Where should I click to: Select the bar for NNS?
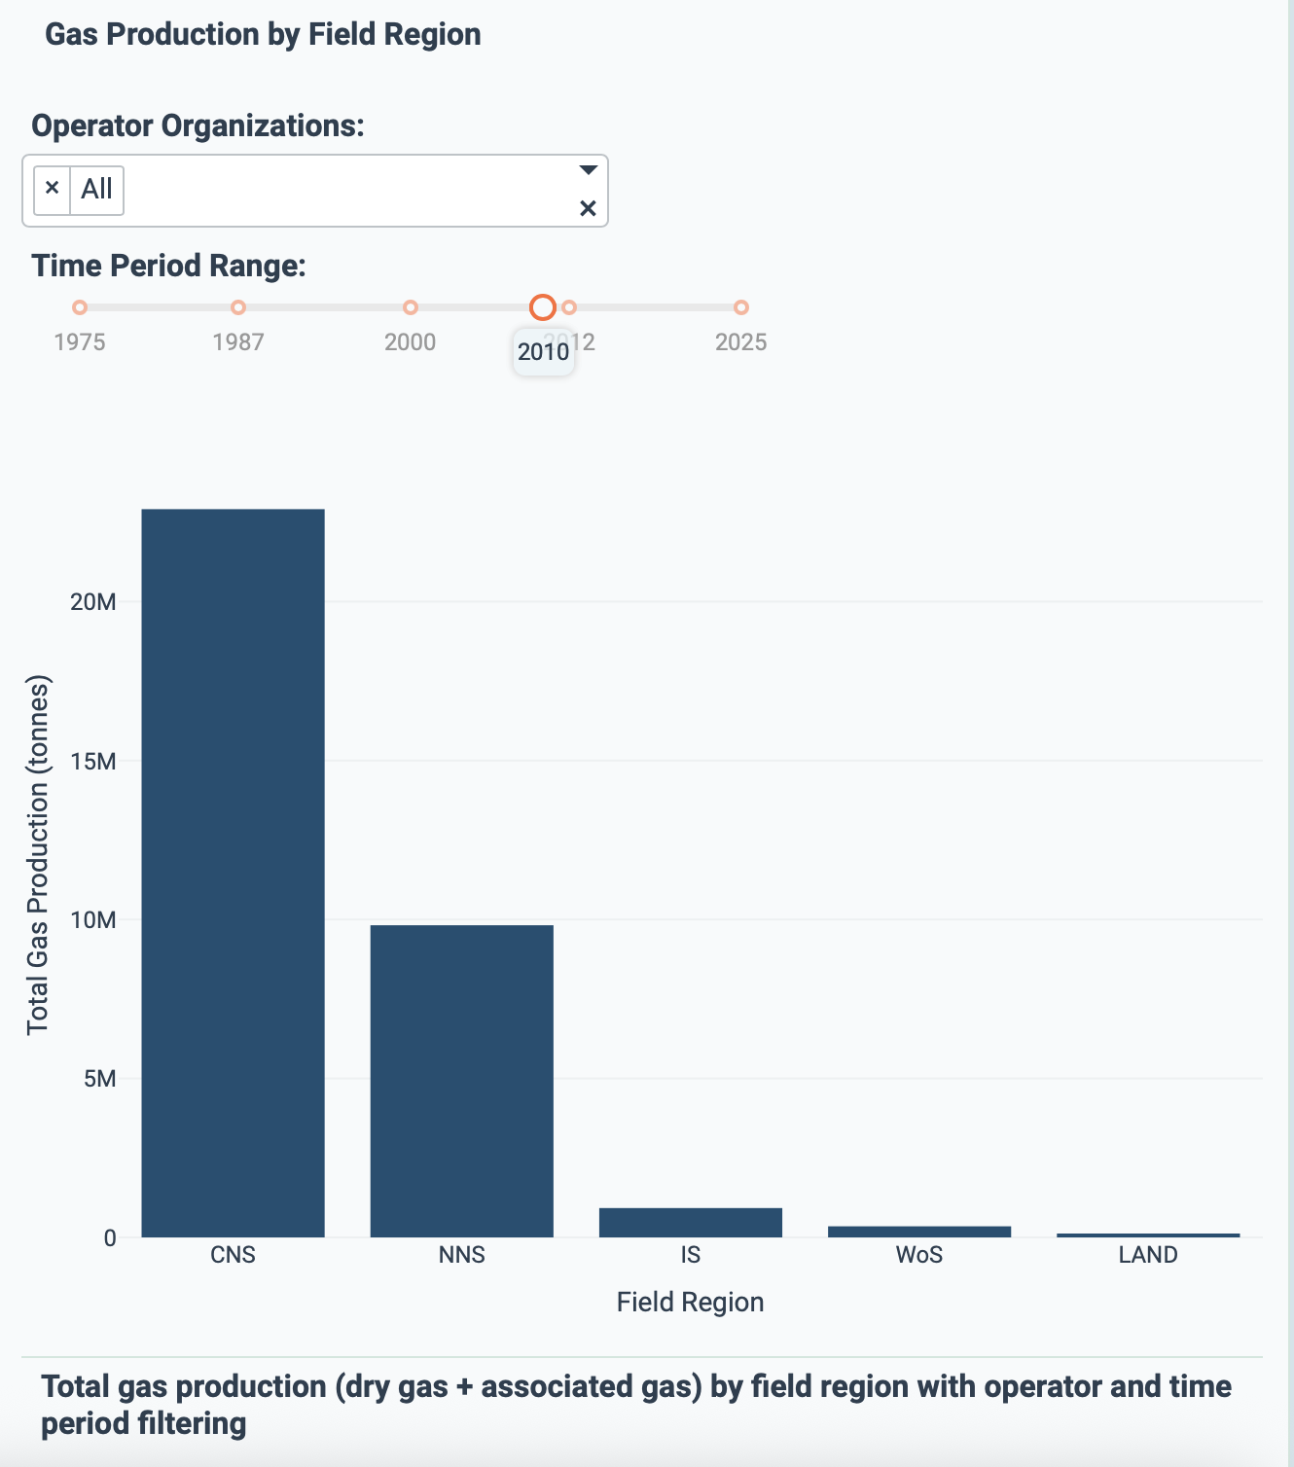[x=461, y=1081]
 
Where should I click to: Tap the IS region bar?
[x=690, y=1223]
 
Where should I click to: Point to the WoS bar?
[x=918, y=1232]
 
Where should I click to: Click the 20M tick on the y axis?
[x=93, y=602]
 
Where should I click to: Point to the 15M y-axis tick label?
[x=93, y=762]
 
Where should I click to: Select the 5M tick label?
[x=99, y=1079]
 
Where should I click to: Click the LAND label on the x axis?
[x=1147, y=1255]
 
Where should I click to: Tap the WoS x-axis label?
[x=918, y=1255]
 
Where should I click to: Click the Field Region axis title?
[x=690, y=1303]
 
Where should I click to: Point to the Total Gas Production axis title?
[x=37, y=856]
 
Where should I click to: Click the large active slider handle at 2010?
[x=543, y=307]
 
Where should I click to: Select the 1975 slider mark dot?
[x=80, y=307]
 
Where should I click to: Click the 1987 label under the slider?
[x=238, y=342]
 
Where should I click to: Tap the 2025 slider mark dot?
[x=741, y=307]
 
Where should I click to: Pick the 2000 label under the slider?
[x=410, y=342]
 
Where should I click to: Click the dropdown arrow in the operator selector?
[x=588, y=170]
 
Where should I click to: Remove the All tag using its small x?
[x=53, y=189]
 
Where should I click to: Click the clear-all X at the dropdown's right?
[x=588, y=208]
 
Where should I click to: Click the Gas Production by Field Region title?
[x=263, y=34]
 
